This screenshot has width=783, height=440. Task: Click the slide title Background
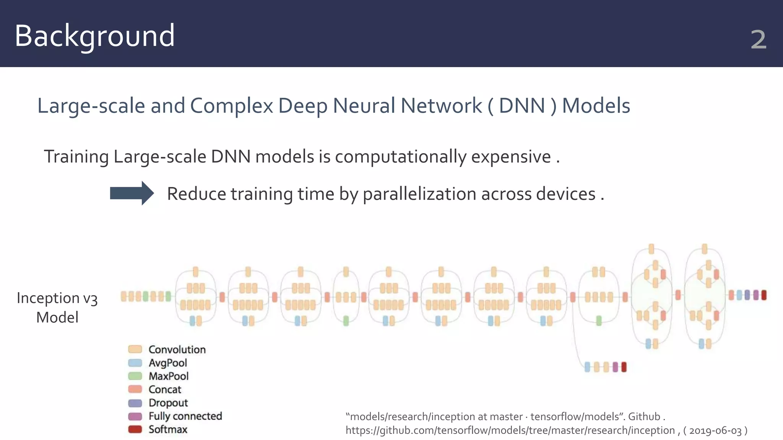coord(94,36)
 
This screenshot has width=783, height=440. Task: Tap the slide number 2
coord(759,40)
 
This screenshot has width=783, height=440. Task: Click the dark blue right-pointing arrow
coord(132,193)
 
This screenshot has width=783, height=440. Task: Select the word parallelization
coord(419,194)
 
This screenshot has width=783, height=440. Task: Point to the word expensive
coord(510,157)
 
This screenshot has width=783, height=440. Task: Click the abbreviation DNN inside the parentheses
coord(521,106)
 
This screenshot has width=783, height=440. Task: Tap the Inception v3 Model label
coord(57,307)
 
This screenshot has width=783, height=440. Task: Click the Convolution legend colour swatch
coord(135,349)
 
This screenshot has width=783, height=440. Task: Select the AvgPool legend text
coord(168,363)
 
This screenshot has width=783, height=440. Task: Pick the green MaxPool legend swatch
coord(135,376)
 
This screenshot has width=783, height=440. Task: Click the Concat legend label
coord(165,390)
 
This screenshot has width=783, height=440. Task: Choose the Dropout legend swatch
coord(135,403)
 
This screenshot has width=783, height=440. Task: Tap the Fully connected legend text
coord(185,416)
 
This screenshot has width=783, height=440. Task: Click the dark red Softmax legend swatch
coord(135,429)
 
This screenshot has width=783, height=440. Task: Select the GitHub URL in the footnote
coord(510,431)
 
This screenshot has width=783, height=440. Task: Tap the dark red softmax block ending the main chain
coord(764,295)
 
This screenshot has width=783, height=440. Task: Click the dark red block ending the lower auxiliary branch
coord(624,367)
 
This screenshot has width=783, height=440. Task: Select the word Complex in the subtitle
coord(231,106)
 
